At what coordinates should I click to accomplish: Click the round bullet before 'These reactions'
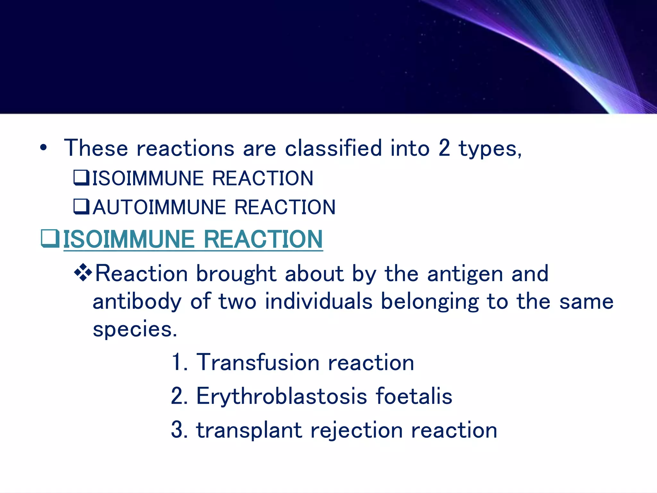43,148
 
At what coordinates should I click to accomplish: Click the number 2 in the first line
444,148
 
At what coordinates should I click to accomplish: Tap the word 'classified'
333,148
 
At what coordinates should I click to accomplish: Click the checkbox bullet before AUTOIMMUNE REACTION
81,207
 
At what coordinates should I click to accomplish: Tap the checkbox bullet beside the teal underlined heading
50,238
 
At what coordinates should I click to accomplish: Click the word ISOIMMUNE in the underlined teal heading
129,239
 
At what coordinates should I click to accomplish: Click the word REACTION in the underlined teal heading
263,239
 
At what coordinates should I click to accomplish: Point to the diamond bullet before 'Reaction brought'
83,272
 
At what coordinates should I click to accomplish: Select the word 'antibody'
137,302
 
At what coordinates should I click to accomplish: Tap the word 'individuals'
319,302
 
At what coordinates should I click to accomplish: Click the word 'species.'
135,330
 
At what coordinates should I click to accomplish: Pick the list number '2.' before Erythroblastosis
179,396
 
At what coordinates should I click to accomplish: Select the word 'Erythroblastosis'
281,396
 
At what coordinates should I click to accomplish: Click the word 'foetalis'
414,396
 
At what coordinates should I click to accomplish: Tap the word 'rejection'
356,430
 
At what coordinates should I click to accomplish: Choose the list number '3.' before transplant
179,430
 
